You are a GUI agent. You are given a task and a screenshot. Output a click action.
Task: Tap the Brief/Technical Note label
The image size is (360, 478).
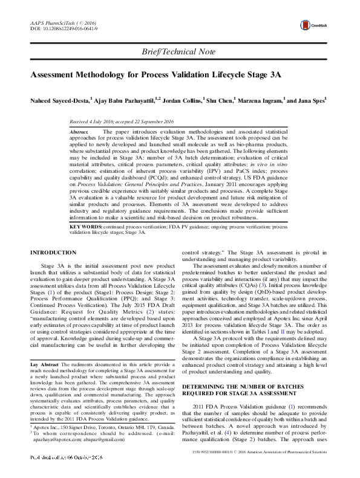(x=180, y=52)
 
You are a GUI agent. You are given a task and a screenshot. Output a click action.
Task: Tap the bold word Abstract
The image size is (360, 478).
(x=79, y=131)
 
